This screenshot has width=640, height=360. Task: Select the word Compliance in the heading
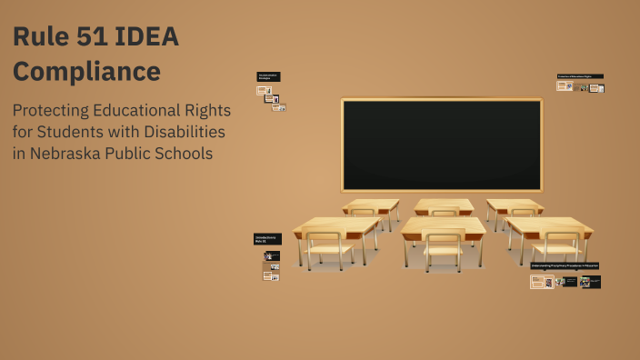(x=86, y=71)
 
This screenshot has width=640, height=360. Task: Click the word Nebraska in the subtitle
(x=67, y=154)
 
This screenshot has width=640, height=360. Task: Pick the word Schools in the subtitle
(x=185, y=154)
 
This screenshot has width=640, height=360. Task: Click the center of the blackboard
(x=441, y=145)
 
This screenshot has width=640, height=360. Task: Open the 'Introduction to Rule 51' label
(x=267, y=239)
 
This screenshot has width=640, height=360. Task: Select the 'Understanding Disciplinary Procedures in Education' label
(x=565, y=266)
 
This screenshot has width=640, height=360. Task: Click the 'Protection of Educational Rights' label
(x=580, y=76)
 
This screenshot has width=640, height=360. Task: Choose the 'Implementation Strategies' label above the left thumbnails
(x=268, y=77)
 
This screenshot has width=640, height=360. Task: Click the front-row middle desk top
(x=444, y=225)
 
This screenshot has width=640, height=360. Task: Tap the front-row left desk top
(x=335, y=225)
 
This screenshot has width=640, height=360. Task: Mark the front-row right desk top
(x=548, y=225)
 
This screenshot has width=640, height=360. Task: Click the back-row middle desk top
(x=444, y=205)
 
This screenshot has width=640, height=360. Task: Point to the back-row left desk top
(x=371, y=205)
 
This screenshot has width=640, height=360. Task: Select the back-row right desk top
(x=514, y=205)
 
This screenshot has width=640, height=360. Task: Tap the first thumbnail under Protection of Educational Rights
(x=564, y=86)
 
